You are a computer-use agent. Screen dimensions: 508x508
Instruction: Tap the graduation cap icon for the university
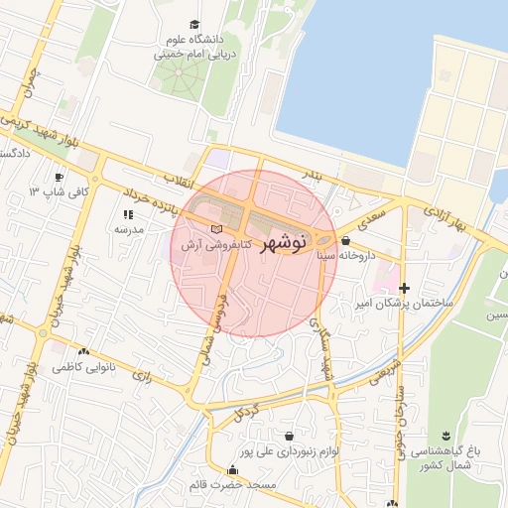193,25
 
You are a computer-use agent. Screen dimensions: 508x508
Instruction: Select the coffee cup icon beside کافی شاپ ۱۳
59,176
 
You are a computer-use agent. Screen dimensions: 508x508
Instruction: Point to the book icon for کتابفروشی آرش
217,229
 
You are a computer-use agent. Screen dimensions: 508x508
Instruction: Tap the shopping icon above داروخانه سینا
344,240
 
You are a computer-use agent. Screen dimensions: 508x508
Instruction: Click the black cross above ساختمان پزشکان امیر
404,288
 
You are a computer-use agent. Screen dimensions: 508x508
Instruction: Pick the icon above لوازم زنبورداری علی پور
289,436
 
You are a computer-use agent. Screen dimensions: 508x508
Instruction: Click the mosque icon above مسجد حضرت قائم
233,470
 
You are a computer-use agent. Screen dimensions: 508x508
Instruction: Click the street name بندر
313,175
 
